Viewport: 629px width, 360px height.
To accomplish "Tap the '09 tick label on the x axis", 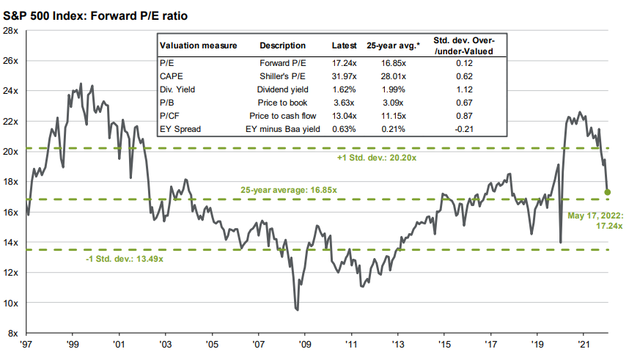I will click(x=304, y=343).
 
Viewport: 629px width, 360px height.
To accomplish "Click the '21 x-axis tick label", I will click(x=584, y=343).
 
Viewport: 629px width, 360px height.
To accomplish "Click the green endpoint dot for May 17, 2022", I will click(x=608, y=192).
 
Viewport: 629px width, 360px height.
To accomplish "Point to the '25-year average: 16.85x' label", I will click(x=289, y=190).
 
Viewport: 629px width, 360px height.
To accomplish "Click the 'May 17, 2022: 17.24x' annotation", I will click(x=595, y=221).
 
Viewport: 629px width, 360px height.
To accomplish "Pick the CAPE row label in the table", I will click(x=171, y=77).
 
